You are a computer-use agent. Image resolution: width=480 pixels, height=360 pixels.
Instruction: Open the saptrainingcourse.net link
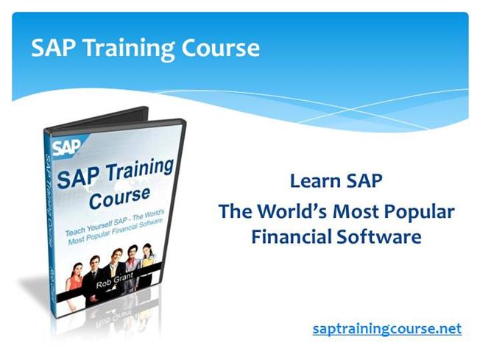coord(387,328)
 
